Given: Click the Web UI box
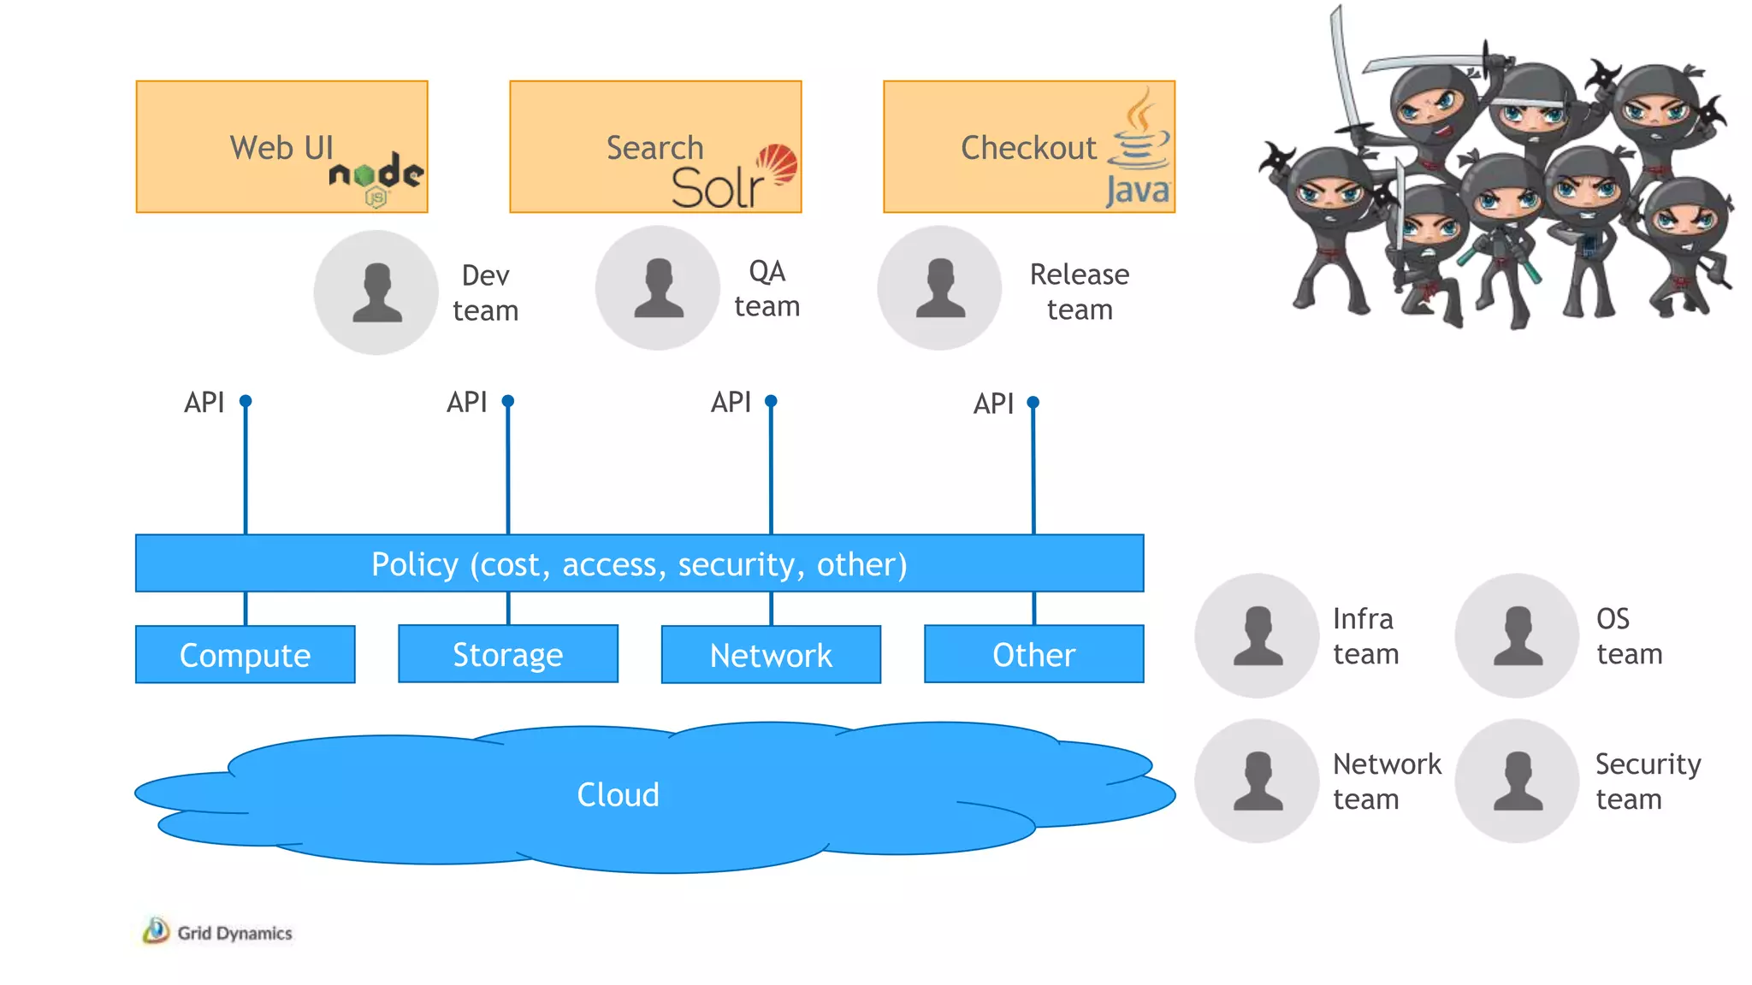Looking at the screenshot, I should coord(281,146).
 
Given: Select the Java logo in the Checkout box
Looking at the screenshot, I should coord(1139,150).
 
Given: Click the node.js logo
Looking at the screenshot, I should coord(376,178).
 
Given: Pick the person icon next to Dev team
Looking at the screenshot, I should coord(376,292).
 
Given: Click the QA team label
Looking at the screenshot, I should coord(766,289).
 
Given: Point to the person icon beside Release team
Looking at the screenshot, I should coord(940,288).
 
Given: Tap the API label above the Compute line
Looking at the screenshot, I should coord(204,402).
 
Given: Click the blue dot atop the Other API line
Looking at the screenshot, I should coord(1033,402).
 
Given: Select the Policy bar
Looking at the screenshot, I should coord(639,563).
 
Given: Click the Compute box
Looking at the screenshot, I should coord(245,655).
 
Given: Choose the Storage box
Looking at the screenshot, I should coord(508,654).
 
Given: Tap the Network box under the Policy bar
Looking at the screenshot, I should coord(771,655).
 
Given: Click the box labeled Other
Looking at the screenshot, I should coord(1033,654).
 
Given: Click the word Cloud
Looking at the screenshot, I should coord(618,795).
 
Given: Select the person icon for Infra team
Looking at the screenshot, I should coord(1257,636).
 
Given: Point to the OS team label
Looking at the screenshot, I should coord(1628,636).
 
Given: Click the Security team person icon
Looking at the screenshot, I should coord(1518,781).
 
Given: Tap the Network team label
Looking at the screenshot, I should coord(1386,781).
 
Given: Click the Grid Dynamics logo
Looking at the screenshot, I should coord(218,932).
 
